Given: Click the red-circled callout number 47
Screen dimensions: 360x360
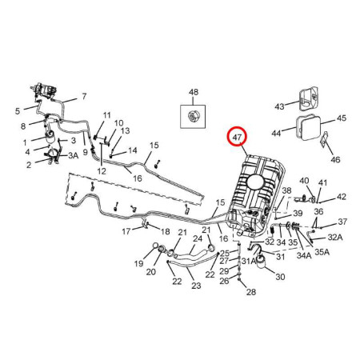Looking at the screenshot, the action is coord(237,138).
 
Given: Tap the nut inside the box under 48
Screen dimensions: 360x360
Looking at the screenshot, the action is coord(193,116).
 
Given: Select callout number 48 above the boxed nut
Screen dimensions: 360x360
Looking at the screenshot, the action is coord(194,92).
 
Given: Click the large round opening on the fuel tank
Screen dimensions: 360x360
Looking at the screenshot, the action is coord(256,183).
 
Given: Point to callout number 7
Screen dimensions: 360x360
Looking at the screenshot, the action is coord(84,96).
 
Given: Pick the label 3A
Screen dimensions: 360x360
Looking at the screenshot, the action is coord(73,155).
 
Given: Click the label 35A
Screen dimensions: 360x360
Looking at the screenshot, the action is coord(322,252).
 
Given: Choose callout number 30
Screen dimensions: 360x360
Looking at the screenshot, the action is coord(280,277).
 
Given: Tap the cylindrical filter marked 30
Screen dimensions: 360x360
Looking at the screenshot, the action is coord(262,262).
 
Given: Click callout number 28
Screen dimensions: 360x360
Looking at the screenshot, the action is coord(251,292).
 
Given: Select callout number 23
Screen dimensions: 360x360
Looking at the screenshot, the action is coord(196,286).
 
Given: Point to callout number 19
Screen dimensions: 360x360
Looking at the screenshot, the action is coord(138,264).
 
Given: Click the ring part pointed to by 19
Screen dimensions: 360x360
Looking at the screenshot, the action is coord(155,246).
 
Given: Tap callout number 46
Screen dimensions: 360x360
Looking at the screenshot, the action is coord(335,159).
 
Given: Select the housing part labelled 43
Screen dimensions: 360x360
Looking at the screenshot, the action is coord(308,98).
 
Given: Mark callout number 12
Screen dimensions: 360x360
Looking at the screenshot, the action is coord(102,171).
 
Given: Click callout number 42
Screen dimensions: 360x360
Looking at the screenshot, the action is coord(342,197).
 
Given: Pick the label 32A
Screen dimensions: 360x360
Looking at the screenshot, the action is coord(335,237).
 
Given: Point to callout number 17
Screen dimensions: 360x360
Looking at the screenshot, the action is coord(126,231).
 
